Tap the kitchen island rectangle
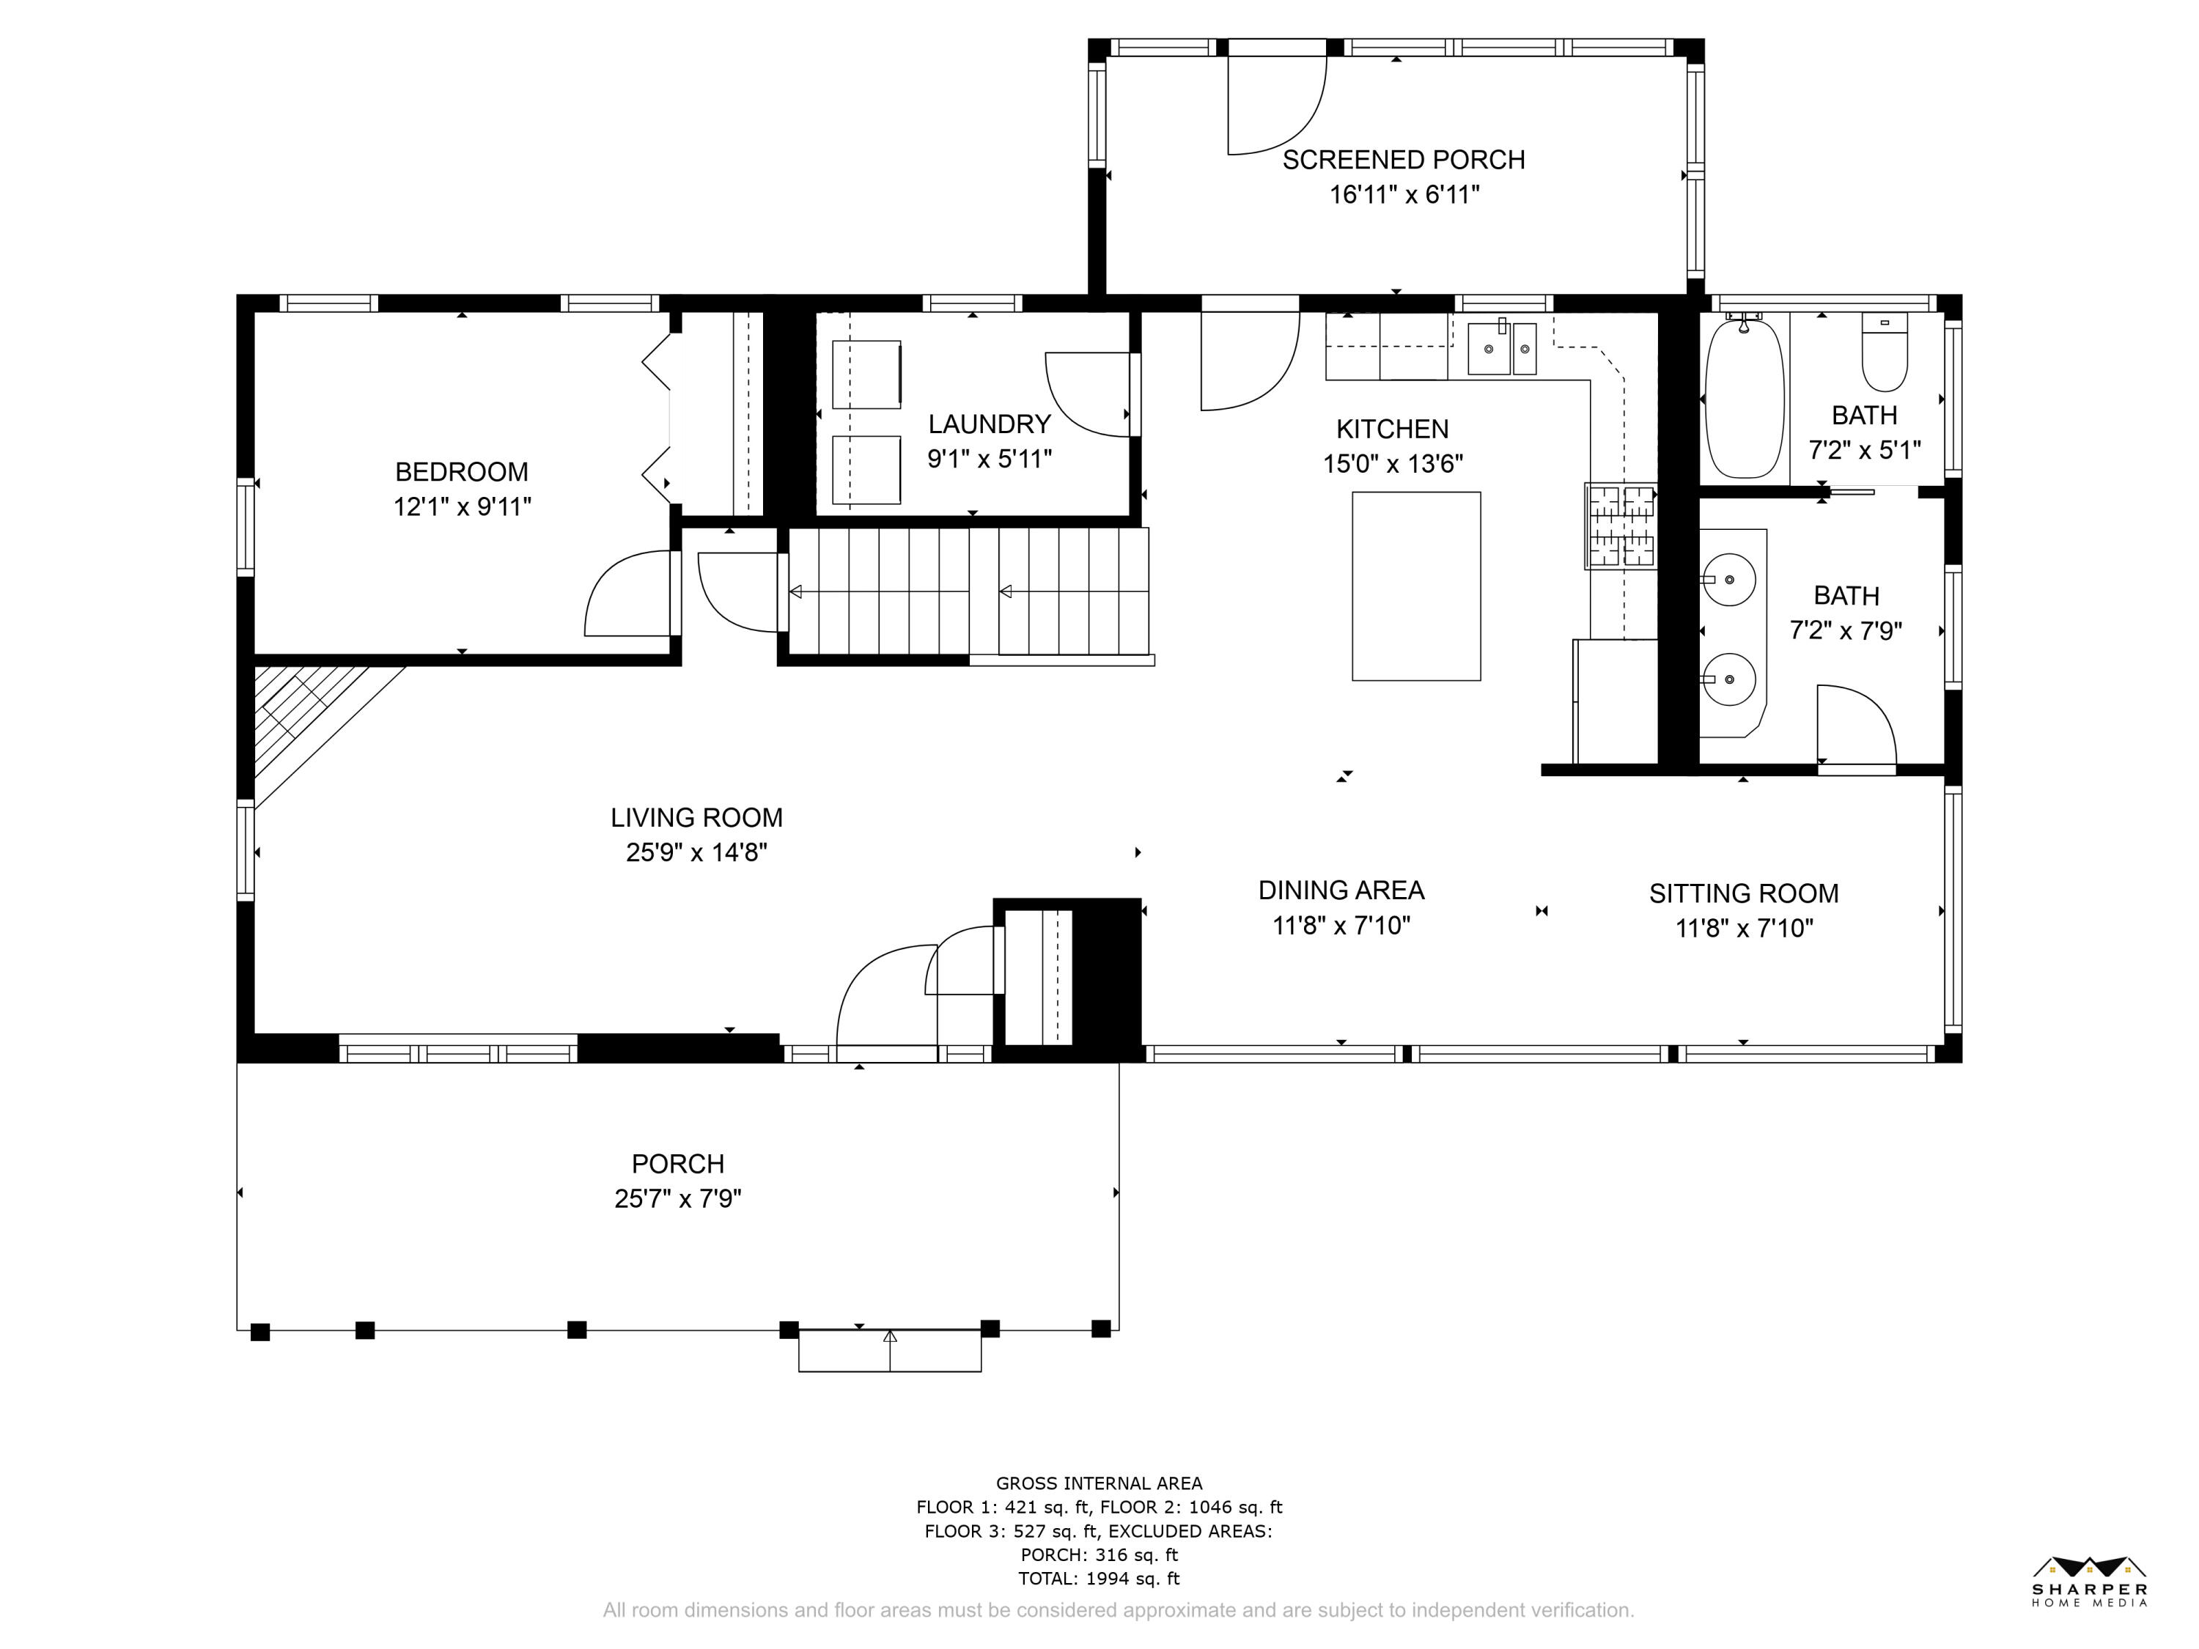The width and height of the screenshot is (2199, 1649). coord(1415,586)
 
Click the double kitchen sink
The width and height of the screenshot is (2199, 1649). coord(1502,348)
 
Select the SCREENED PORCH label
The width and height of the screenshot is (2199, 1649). coord(1404,160)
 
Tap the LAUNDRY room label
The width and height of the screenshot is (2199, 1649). coord(989,424)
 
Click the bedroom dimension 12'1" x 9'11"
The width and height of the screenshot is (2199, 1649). coord(463,507)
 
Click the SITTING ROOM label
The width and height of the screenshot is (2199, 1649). coord(1744,893)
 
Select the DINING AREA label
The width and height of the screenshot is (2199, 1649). coord(1341,890)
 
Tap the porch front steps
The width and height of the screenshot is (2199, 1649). coord(890,1351)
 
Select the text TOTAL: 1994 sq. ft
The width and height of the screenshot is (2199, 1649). coord(1099,1579)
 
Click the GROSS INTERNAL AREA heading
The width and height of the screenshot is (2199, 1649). coord(1099,1483)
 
